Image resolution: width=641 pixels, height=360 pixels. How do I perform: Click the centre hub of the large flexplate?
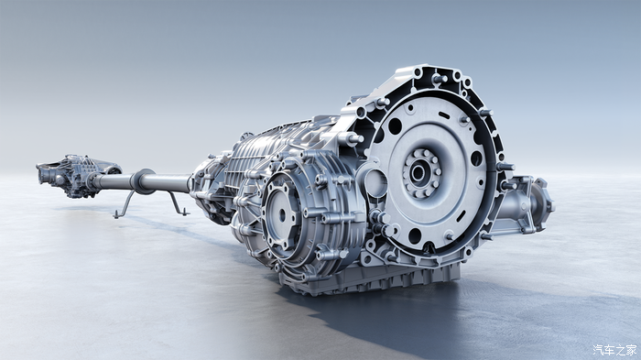[418, 172]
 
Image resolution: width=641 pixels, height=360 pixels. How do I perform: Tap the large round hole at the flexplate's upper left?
[395, 126]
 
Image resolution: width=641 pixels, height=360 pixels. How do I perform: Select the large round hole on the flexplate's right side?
[476, 158]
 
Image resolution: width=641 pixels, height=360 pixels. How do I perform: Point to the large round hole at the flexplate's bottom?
[415, 236]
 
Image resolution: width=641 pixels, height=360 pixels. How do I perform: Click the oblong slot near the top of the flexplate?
[444, 115]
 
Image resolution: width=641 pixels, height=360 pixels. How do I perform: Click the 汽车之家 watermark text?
[614, 350]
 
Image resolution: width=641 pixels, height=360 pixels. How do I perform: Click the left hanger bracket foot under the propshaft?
[118, 214]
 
